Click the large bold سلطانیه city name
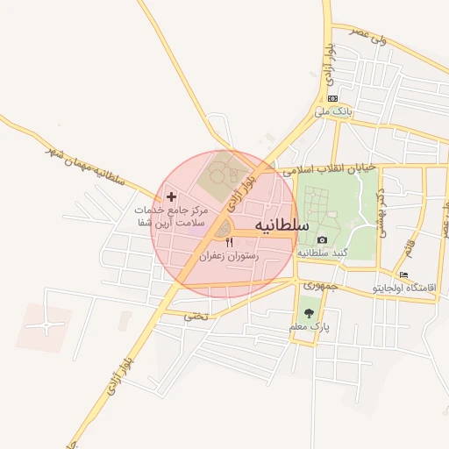(282, 225)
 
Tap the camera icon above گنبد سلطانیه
(322, 240)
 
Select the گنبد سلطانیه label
(324, 253)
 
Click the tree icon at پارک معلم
(307, 313)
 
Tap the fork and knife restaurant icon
(230, 242)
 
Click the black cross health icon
(170, 197)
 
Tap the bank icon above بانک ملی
(332, 98)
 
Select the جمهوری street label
(318, 286)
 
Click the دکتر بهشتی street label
(381, 216)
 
